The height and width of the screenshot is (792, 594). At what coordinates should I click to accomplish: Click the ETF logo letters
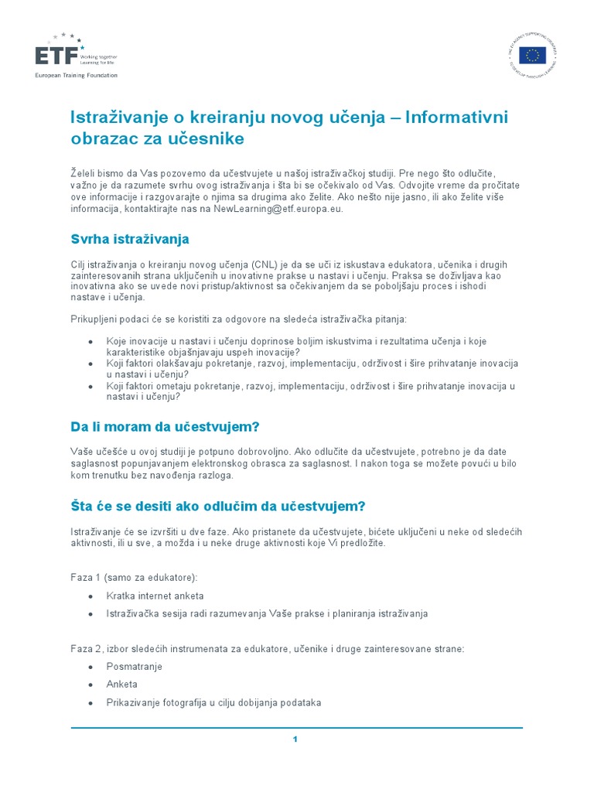click(x=55, y=56)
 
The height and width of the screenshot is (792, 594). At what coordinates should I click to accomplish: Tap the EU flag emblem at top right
click(x=532, y=55)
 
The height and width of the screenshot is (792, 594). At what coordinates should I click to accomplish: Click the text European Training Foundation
click(x=76, y=75)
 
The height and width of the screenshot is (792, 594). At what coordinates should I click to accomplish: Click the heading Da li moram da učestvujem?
click(x=165, y=426)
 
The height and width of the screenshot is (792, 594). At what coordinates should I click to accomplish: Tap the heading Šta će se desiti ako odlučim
click(x=217, y=507)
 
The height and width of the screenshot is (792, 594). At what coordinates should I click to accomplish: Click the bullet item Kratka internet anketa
click(x=155, y=596)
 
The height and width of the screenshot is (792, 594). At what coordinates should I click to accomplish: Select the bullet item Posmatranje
click(x=135, y=667)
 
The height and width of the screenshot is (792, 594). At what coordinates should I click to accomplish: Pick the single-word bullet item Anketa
click(x=122, y=684)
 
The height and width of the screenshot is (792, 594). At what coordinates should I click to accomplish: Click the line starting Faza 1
click(x=133, y=578)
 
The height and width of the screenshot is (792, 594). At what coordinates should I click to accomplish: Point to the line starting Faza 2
click(x=268, y=648)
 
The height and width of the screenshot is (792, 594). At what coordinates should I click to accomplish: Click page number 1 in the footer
click(x=295, y=739)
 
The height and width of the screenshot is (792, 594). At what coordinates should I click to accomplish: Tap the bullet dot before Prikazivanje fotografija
click(x=91, y=703)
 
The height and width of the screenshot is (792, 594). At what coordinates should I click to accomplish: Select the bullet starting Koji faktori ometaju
click(x=309, y=391)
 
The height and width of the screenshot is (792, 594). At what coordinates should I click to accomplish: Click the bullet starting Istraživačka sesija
click(x=267, y=614)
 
